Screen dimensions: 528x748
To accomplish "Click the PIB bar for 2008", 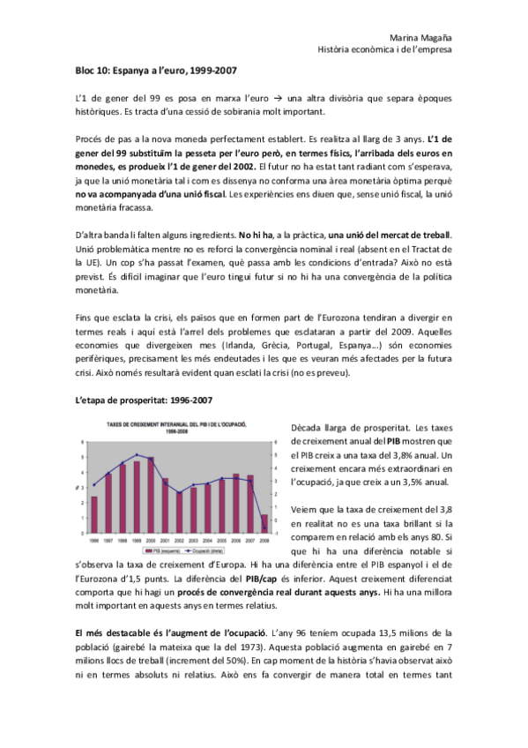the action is pyautogui.click(x=264, y=524).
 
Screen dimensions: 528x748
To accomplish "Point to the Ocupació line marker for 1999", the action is pyautogui.click(x=137, y=454).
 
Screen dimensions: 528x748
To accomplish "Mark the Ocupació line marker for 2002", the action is pyautogui.click(x=179, y=491).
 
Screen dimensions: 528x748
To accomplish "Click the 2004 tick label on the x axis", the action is pyautogui.click(x=208, y=540).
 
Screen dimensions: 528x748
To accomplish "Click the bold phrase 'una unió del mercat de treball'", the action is pyautogui.click(x=389, y=234).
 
